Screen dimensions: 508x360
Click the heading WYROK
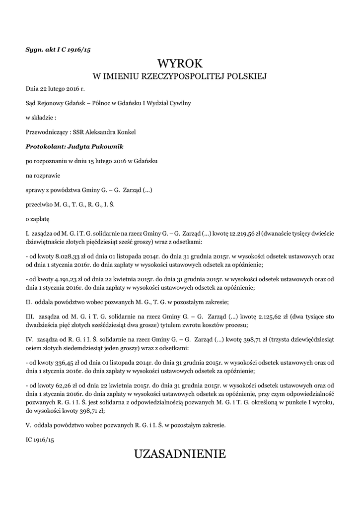(180, 63)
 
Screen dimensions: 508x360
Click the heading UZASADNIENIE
(180, 453)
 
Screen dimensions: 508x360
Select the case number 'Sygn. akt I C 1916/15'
(58, 49)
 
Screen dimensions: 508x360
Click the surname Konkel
(126, 132)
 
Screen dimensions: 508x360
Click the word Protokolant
(45, 146)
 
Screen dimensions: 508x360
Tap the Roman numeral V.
(28, 425)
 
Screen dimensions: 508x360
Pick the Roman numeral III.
(29, 317)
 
